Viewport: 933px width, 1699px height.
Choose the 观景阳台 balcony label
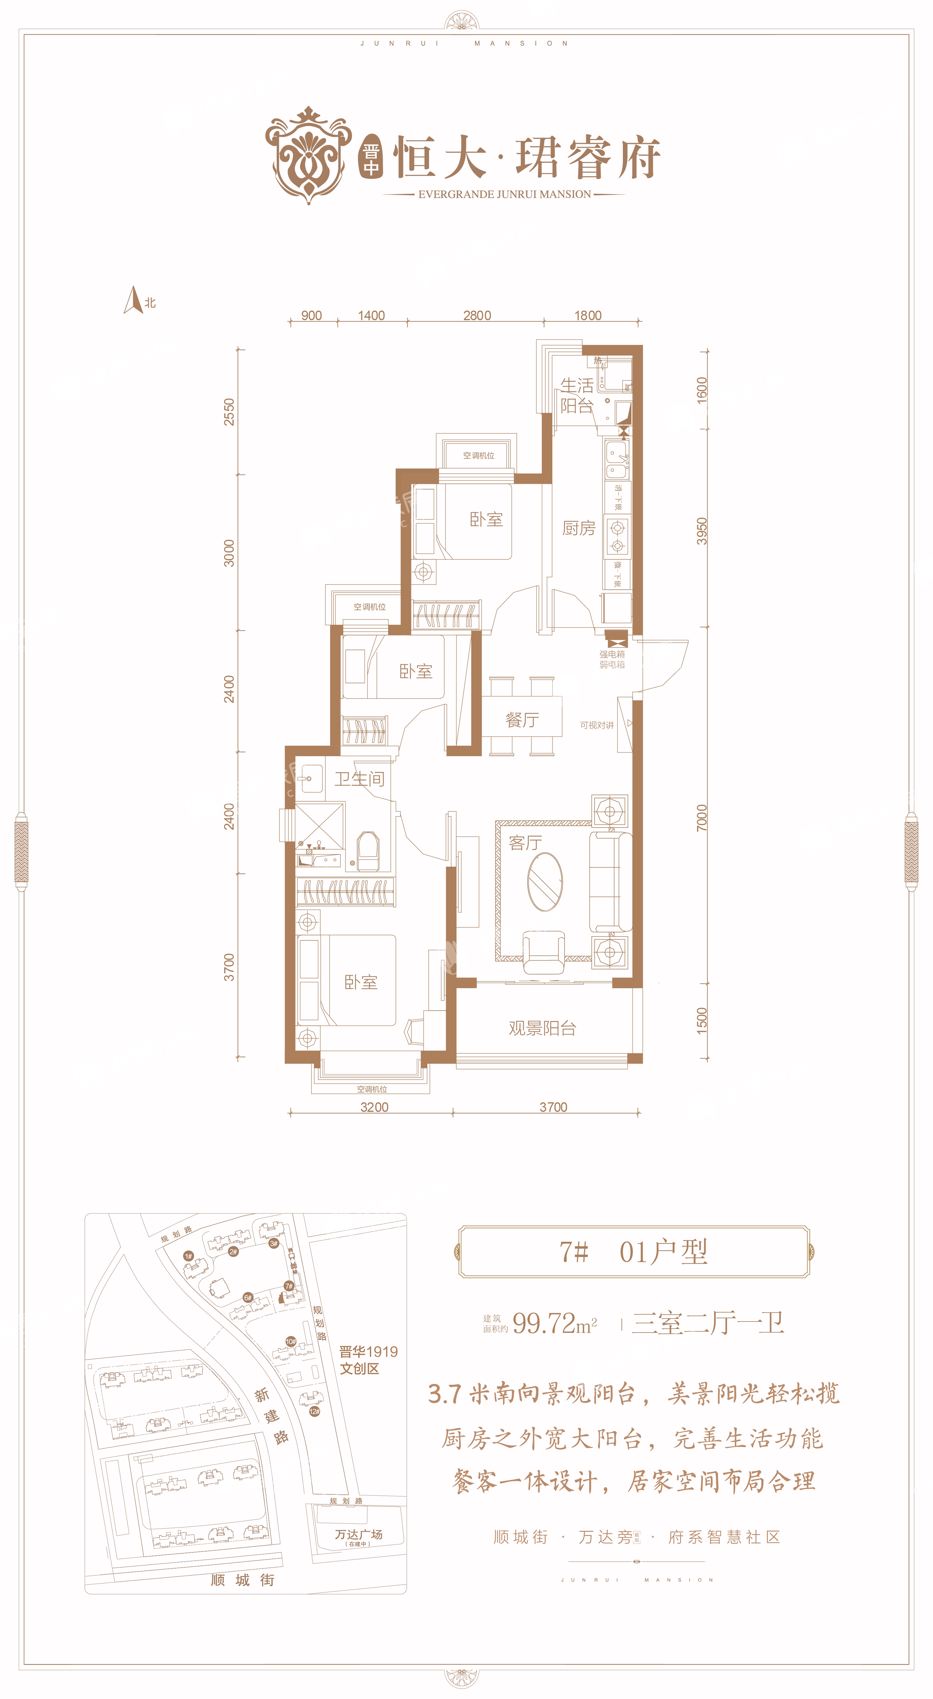click(542, 1028)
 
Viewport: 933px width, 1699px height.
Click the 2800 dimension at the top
click(477, 315)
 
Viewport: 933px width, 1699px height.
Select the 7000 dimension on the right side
click(702, 818)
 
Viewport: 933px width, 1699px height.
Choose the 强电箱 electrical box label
click(612, 654)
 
